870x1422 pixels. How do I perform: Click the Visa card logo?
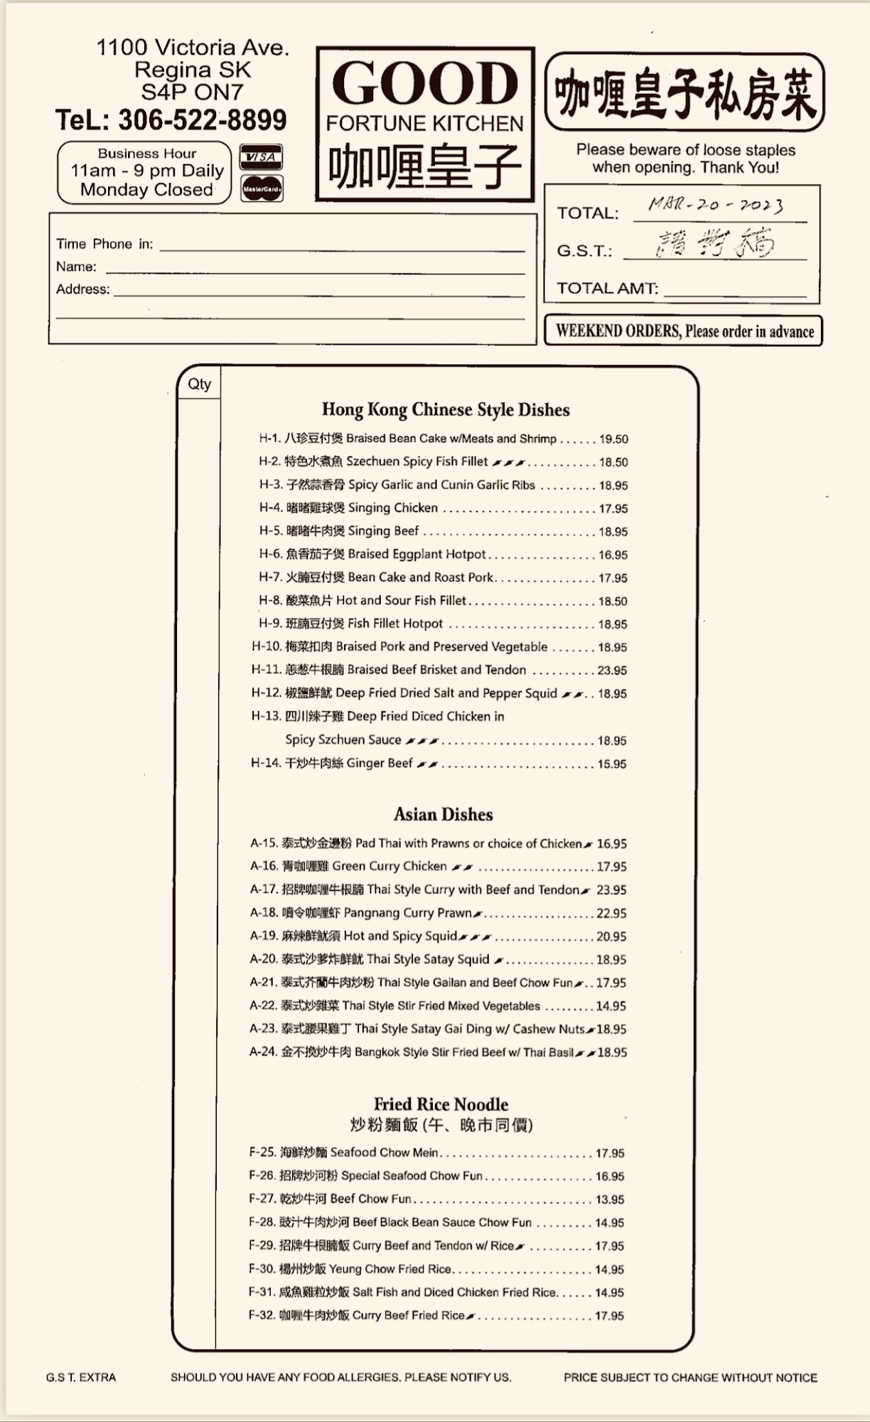coord(262,156)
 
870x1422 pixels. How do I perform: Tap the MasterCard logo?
coord(262,188)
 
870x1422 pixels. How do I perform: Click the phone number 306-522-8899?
coord(202,120)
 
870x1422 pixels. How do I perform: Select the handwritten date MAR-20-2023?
coord(716,205)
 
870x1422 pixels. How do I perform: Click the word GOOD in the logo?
coord(425,84)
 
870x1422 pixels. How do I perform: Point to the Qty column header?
coord(199,384)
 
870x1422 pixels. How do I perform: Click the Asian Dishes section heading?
coord(443,814)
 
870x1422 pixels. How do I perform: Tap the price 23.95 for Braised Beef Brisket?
coord(612,670)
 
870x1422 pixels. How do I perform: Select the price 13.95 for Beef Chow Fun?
coord(610,1199)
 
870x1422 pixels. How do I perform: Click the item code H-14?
coord(265,763)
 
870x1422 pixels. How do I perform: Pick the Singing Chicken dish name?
coord(392,508)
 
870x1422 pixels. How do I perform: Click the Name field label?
coord(76,267)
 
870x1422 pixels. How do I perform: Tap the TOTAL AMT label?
coord(607,288)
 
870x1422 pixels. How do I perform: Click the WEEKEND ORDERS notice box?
coord(683,331)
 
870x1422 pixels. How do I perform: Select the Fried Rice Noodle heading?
coord(441,1104)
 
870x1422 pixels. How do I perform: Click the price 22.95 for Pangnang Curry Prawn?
coord(611,913)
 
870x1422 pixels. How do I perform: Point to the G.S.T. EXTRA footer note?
coord(81,1377)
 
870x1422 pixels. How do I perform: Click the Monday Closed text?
coord(146,190)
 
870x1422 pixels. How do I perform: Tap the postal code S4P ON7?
coord(192,92)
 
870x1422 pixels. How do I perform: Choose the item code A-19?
coord(264,936)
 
